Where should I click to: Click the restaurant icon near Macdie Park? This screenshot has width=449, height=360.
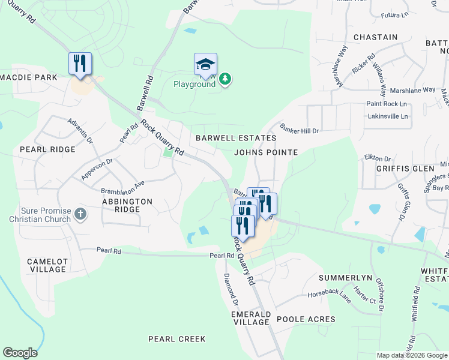80,63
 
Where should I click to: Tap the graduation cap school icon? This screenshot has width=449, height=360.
205,64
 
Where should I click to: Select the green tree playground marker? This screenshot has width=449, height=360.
225,79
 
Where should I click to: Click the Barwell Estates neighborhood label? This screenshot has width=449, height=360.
236,138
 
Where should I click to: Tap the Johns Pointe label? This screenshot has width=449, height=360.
266,152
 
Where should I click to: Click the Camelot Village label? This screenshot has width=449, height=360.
47,265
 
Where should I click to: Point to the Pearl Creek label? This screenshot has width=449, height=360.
177,339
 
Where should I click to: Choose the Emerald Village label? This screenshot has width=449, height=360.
251,318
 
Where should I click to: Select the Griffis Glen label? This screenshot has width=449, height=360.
405,169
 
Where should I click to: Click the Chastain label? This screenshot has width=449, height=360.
376,37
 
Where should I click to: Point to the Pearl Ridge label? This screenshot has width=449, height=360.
48,149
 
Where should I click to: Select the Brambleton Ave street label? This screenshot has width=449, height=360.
123,187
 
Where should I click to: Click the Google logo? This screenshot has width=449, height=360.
20,353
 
